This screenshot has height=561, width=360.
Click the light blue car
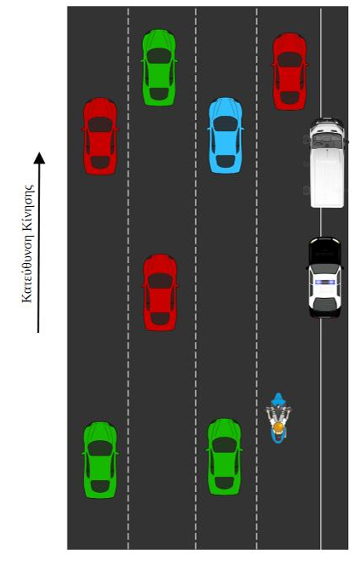tap(226, 135)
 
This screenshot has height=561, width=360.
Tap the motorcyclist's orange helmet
tap(278, 427)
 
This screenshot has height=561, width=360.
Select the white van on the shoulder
tap(327, 163)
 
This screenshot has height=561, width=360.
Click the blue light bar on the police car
tap(325, 282)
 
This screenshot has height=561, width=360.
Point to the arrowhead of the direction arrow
tap(39, 157)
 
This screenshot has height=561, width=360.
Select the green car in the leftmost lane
tap(100, 460)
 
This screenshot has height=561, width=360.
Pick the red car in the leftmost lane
tap(100, 136)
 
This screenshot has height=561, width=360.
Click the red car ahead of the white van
tap(290, 72)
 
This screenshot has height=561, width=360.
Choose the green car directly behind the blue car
tap(225, 457)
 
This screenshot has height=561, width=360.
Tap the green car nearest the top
tap(159, 67)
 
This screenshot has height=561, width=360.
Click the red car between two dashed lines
tap(160, 292)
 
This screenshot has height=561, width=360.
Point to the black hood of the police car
tap(324, 251)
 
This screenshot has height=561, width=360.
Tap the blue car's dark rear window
tap(226, 162)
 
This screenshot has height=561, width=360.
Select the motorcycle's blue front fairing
tap(278, 399)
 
